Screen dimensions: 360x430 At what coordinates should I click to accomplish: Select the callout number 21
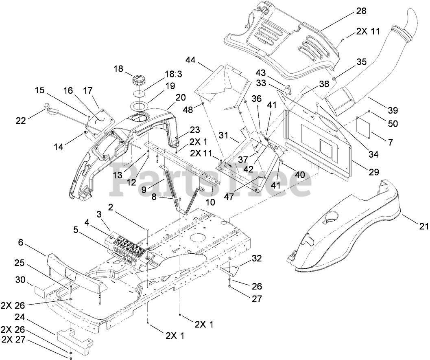[x=421, y=224]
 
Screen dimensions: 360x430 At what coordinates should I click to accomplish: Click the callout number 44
[x=190, y=61]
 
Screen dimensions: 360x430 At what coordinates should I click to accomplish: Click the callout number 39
[x=393, y=110]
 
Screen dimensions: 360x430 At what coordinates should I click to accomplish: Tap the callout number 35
[x=361, y=62]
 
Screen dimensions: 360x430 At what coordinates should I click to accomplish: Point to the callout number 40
[x=300, y=174]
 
